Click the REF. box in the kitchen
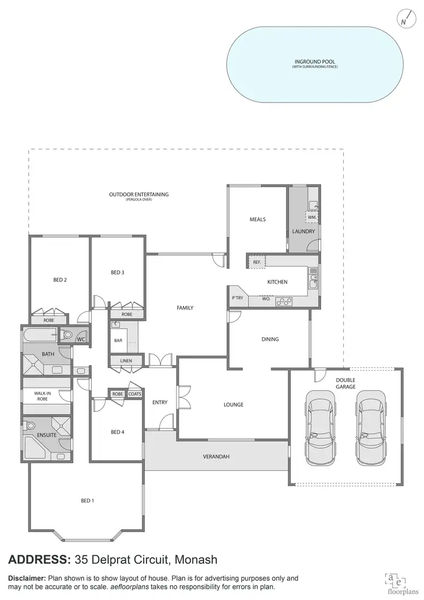point(256,262)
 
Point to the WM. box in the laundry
point(311,217)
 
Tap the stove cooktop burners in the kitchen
point(283,302)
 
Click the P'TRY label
point(237,298)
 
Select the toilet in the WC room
point(67,335)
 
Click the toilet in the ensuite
point(31,426)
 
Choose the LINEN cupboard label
point(126,361)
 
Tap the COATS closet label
point(135,394)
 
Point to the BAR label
point(119,341)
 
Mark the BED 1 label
point(87,500)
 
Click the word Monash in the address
point(196,560)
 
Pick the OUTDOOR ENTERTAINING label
point(139,195)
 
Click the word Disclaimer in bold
point(27,578)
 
